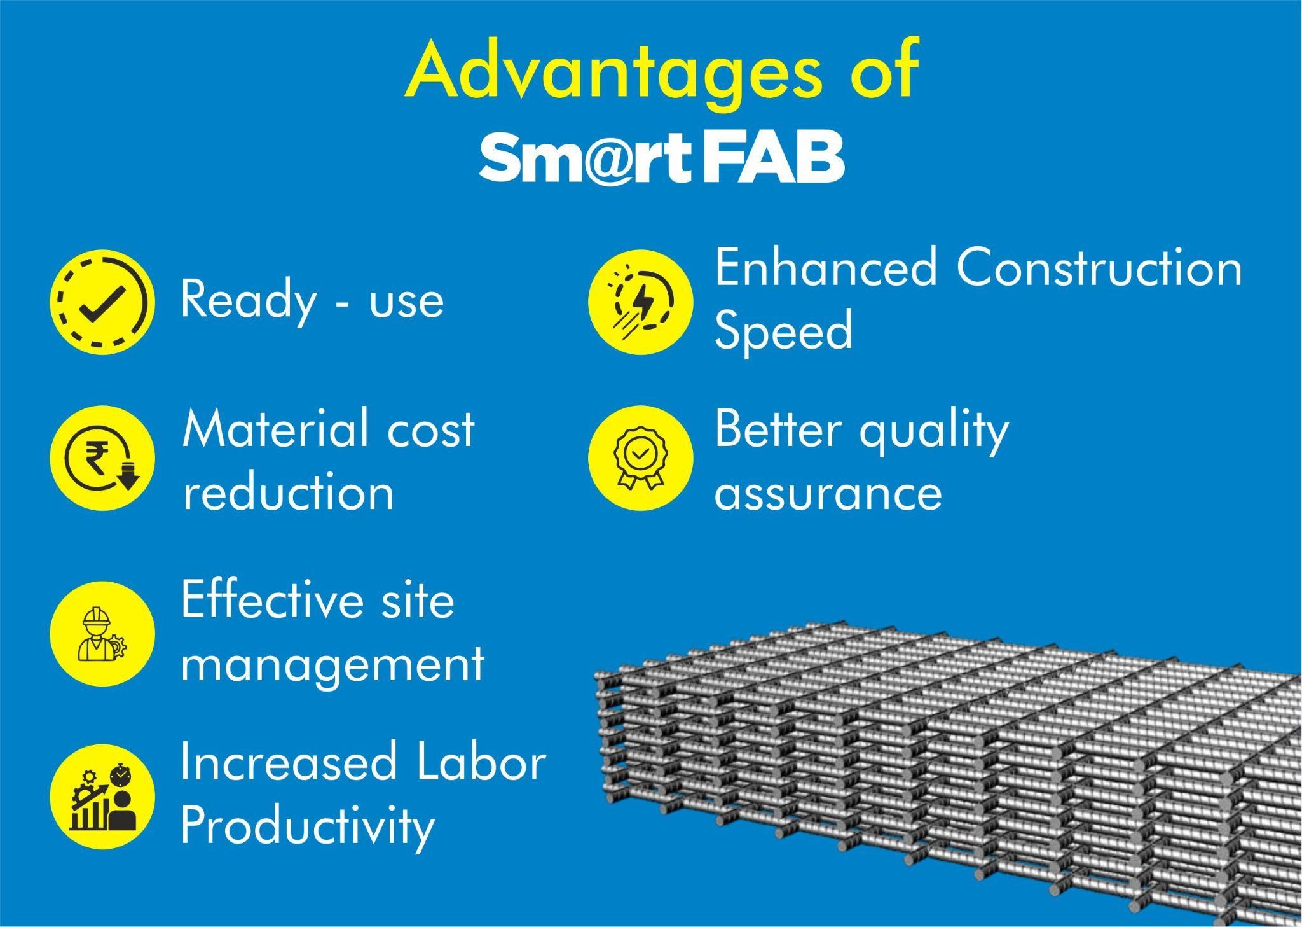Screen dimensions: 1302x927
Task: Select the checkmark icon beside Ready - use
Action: click(102, 302)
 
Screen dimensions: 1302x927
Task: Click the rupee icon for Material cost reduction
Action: click(102, 459)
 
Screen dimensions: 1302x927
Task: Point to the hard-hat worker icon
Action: click(102, 634)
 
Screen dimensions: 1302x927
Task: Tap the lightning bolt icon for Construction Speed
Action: click(640, 302)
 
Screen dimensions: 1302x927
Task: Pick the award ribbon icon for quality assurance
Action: click(640, 459)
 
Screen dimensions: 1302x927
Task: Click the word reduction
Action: click(289, 492)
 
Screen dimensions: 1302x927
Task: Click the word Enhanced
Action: click(826, 267)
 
